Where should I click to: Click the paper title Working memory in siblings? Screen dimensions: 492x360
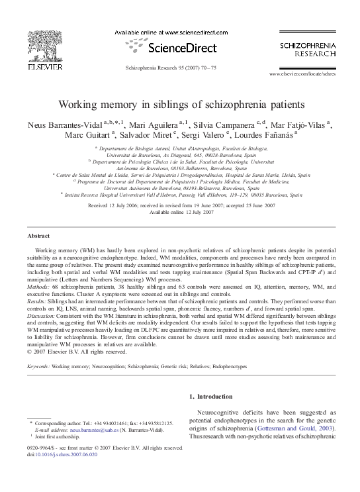pos(179,105)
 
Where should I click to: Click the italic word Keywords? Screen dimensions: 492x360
pos(38,365)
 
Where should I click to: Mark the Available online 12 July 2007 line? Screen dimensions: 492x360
pos(180,212)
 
